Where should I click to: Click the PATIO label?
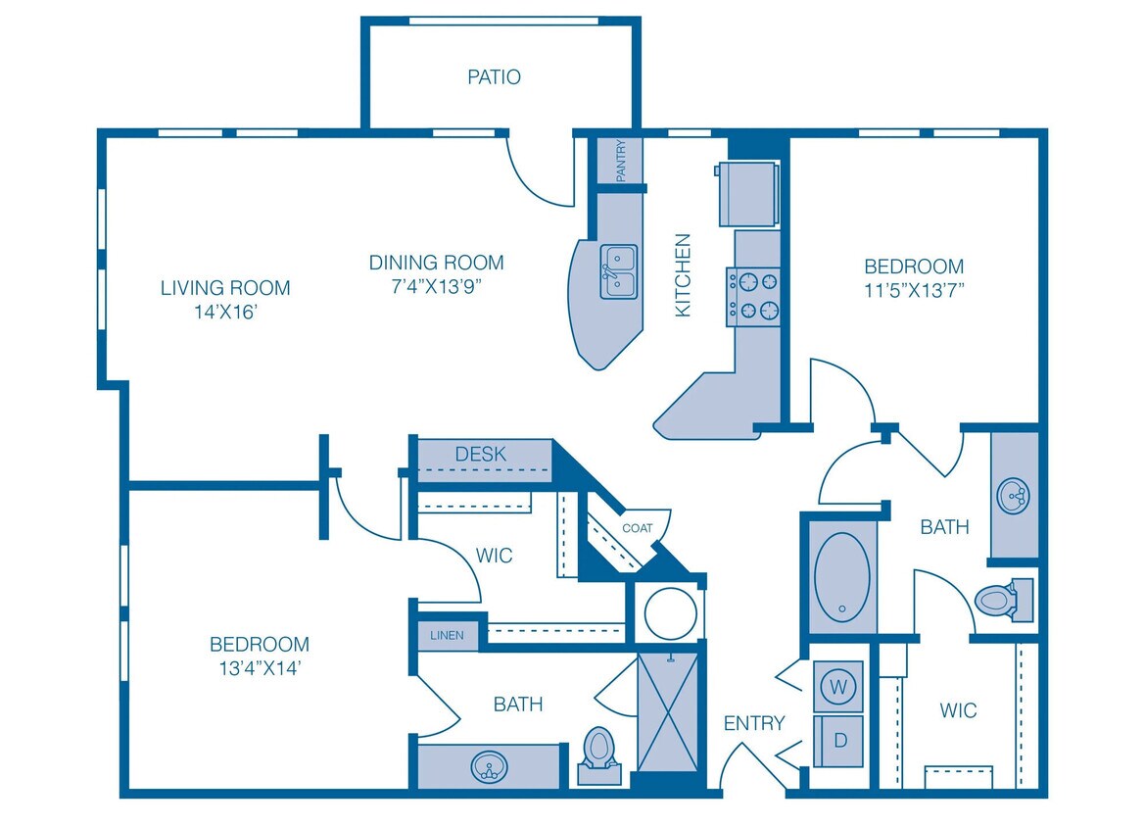point(494,76)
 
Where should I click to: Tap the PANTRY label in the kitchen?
point(621,161)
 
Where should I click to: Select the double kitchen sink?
point(618,271)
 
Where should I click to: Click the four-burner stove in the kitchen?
point(753,296)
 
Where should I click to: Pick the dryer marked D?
point(838,741)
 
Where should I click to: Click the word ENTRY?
point(753,723)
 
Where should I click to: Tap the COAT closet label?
point(637,528)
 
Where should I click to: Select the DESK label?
point(481,454)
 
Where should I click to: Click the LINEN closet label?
point(447,635)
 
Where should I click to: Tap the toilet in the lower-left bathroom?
point(598,754)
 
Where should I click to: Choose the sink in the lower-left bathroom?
point(488,764)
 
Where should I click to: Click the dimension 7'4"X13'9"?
point(436,287)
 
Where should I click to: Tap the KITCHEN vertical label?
point(683,274)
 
